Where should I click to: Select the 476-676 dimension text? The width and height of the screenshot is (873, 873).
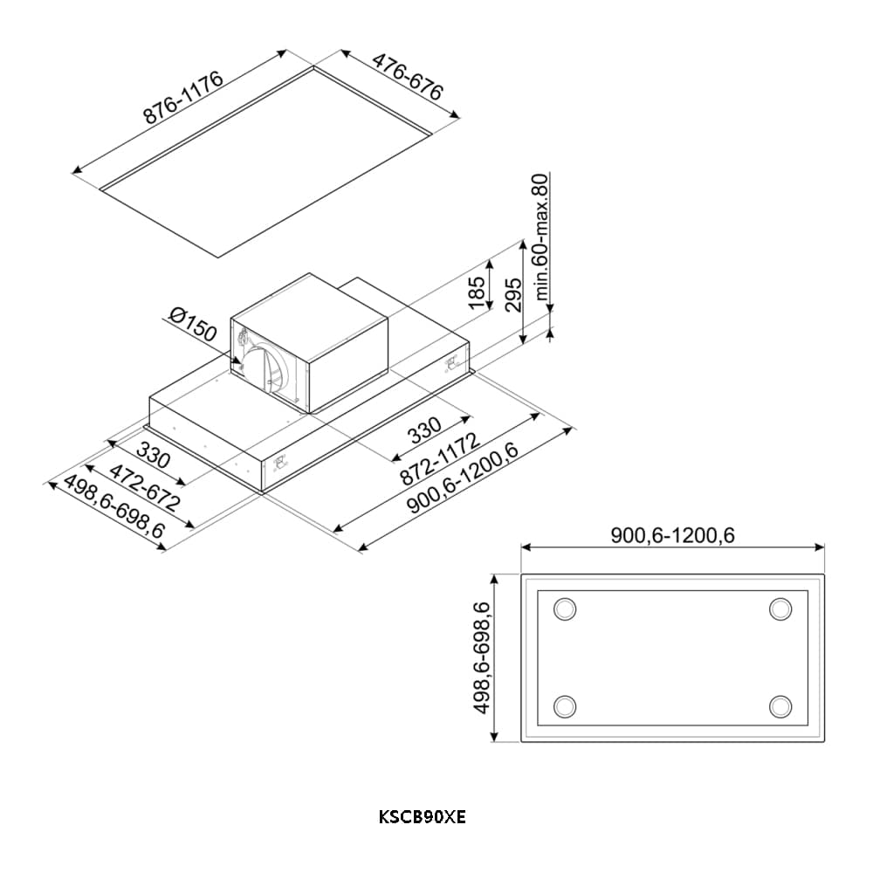click(x=408, y=77)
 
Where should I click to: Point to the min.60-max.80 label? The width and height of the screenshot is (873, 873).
click(x=542, y=238)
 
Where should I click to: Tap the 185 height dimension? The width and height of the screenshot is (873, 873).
click(x=477, y=292)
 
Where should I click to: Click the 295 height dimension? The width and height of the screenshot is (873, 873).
click(x=512, y=295)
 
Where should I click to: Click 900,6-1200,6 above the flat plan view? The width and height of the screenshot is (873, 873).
click(x=672, y=535)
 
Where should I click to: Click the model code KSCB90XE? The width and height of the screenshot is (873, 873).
click(x=423, y=818)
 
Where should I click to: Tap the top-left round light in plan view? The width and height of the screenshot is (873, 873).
click(x=566, y=608)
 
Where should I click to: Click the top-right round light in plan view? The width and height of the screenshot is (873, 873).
click(x=780, y=608)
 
